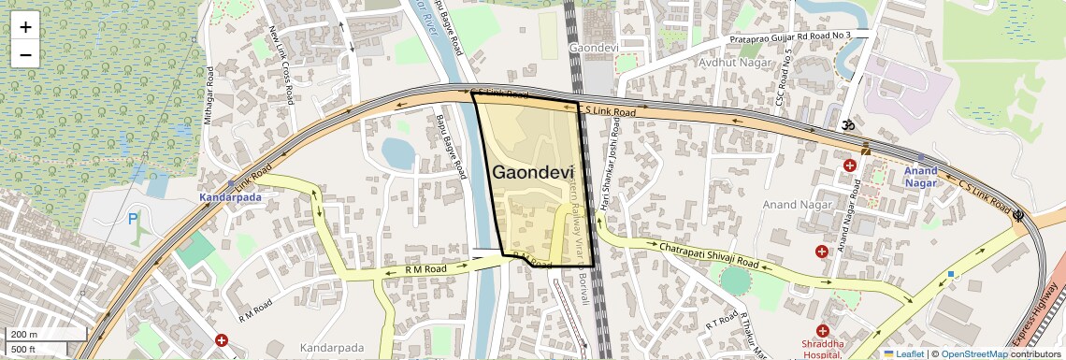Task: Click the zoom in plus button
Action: tap(25, 27)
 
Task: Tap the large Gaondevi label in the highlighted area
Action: tap(532, 173)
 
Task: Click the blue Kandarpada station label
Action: tap(228, 197)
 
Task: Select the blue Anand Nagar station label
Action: tap(920, 177)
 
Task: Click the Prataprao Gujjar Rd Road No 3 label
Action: tap(789, 36)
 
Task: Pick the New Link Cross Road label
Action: tap(281, 64)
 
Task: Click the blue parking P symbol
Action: tap(132, 221)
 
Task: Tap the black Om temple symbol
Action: tap(849, 124)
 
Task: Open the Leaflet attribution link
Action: tap(903, 353)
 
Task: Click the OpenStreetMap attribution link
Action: tap(973, 353)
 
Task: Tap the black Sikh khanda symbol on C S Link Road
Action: tap(1019, 214)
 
